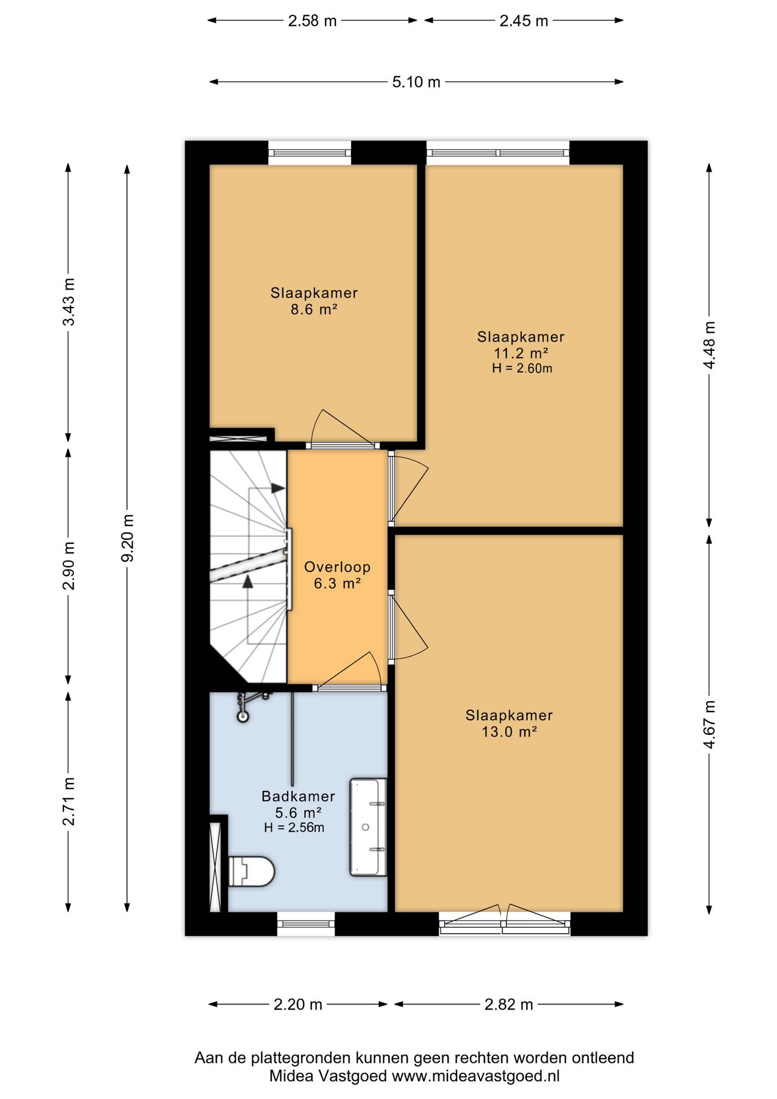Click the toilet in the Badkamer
[252, 871]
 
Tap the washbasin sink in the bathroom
[368, 827]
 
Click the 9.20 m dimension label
[127, 538]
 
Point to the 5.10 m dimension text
[416, 82]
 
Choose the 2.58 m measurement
[312, 21]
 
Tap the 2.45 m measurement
[524, 21]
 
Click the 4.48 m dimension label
[709, 345]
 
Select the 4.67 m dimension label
[709, 724]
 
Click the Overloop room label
[337, 567]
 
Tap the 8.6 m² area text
[314, 310]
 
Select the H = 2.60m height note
[522, 369]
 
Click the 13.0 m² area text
[509, 732]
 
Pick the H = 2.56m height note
[294, 828]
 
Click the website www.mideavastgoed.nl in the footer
[475, 1076]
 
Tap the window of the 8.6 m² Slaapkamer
[310, 153]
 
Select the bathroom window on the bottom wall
[306, 923]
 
